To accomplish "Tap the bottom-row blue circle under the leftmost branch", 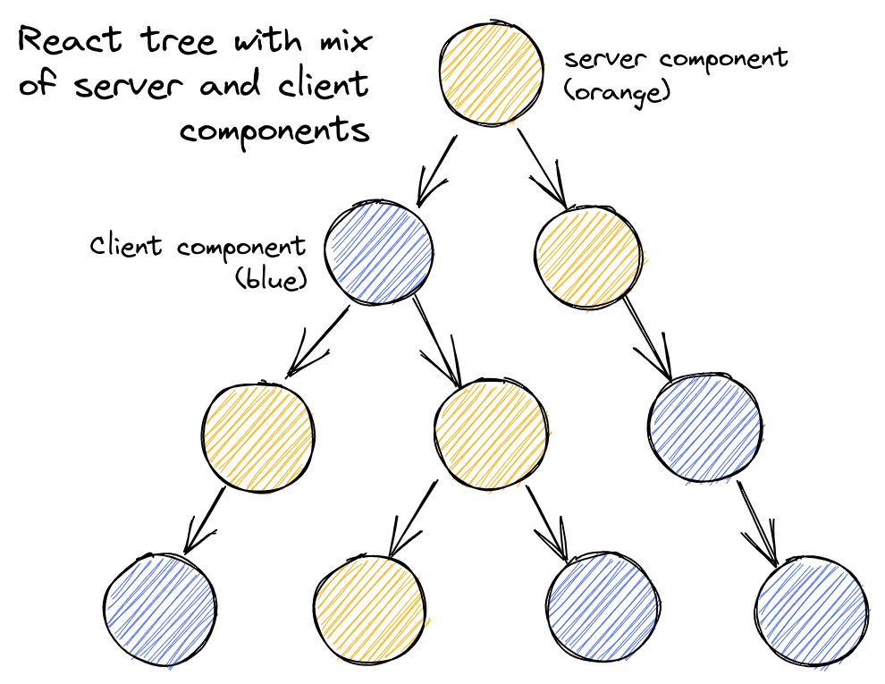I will coord(160,608).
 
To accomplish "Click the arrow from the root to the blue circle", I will coord(437,169).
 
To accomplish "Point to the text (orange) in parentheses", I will coord(618,90).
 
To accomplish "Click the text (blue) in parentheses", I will coord(271,279).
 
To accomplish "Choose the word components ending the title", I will coord(274,131).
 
